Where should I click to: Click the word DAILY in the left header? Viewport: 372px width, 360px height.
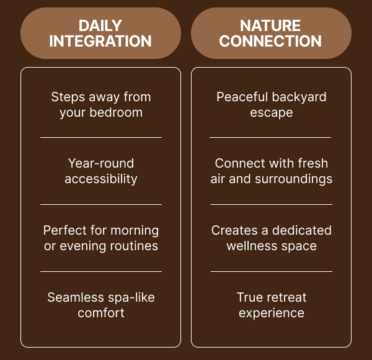point(100,26)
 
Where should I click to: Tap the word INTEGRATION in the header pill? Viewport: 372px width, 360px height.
point(100,42)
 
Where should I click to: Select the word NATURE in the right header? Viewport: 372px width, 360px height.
point(270,26)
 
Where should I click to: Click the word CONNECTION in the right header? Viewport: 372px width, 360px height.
point(270,42)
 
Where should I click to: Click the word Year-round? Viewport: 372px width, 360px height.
point(101,163)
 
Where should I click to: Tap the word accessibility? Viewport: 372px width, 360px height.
point(101,179)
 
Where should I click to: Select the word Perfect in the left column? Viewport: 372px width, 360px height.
point(65,230)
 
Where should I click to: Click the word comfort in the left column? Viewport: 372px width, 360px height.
point(101,313)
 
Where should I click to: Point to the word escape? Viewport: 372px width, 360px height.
point(272,113)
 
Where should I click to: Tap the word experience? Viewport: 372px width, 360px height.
point(272,313)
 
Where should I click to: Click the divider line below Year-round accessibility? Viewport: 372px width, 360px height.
point(101,204)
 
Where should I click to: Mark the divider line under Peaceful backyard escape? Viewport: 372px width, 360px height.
point(270,137)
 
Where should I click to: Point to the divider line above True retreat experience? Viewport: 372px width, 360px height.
point(272,271)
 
